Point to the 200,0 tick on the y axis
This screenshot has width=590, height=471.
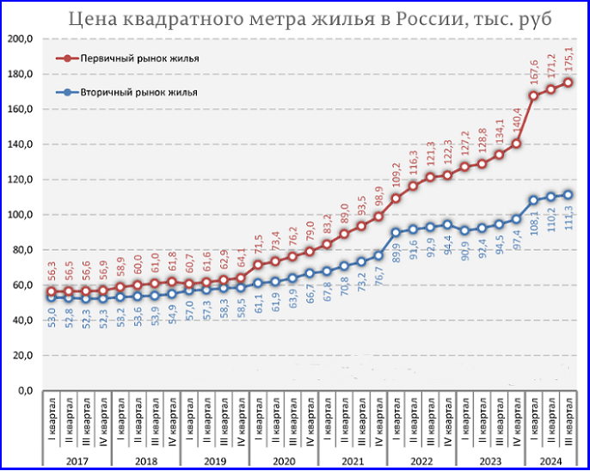point(20,40)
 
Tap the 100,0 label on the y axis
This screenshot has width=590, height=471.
point(20,215)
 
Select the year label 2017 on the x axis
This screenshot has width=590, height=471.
point(77,462)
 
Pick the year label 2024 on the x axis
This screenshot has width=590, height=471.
point(550,462)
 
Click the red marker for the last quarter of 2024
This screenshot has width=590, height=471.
point(568,83)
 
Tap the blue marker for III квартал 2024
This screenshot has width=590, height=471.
point(568,195)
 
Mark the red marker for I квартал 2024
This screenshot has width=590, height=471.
point(534,96)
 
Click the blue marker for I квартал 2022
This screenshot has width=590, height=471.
point(396,233)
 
